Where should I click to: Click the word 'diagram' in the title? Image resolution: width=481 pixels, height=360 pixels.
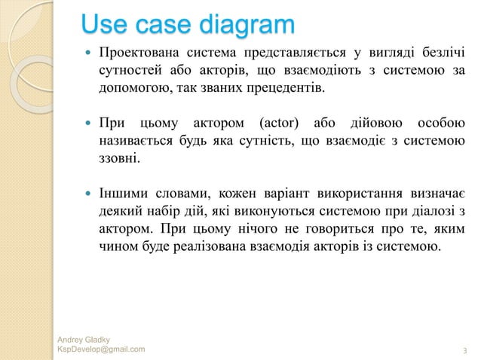coord(244,26)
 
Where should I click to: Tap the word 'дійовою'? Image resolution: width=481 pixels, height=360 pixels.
coord(374,124)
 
